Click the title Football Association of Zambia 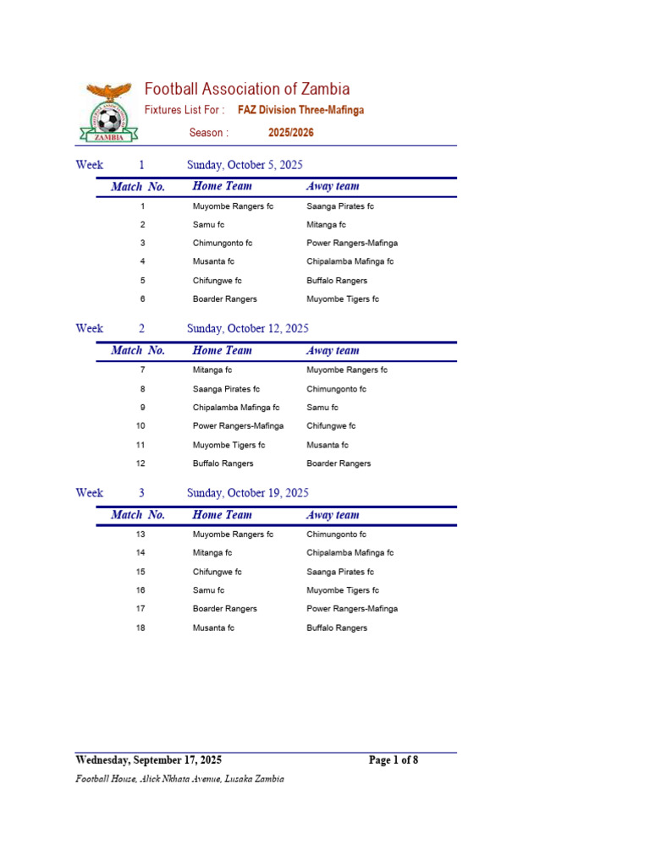click(x=246, y=90)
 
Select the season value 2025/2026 click(x=285, y=133)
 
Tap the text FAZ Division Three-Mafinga click(x=300, y=110)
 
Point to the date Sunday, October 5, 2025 click(x=245, y=165)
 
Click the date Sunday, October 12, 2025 click(x=247, y=329)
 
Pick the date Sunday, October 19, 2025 click(x=247, y=493)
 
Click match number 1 click(x=142, y=206)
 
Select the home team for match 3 click(x=223, y=244)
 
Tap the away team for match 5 click(x=337, y=281)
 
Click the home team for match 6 click(x=224, y=299)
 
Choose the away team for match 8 click(x=336, y=389)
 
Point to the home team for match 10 click(x=238, y=426)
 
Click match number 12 click(x=140, y=463)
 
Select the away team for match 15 click(x=340, y=572)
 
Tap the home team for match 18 click(x=213, y=628)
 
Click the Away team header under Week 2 click(x=333, y=351)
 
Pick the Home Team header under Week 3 click(x=222, y=515)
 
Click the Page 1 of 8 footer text click(x=394, y=760)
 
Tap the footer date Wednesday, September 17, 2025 click(x=149, y=760)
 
